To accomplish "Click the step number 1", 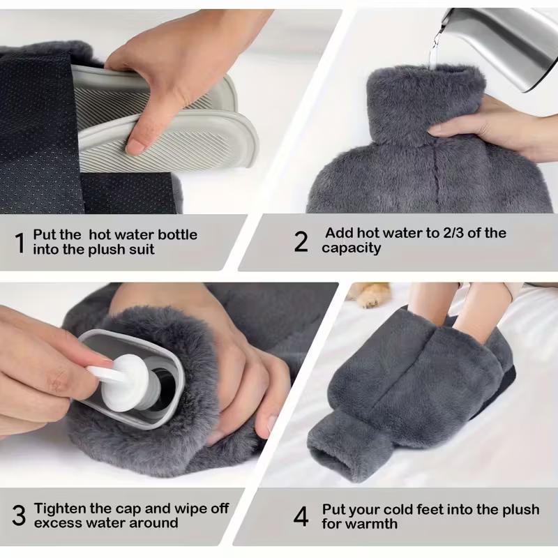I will pos(20,242).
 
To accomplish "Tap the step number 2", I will pos(301,242).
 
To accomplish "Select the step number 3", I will pos(19,515).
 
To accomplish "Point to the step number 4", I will pos(301,517).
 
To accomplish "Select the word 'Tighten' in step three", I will pos(63,508).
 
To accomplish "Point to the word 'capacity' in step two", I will pos(352,248).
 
